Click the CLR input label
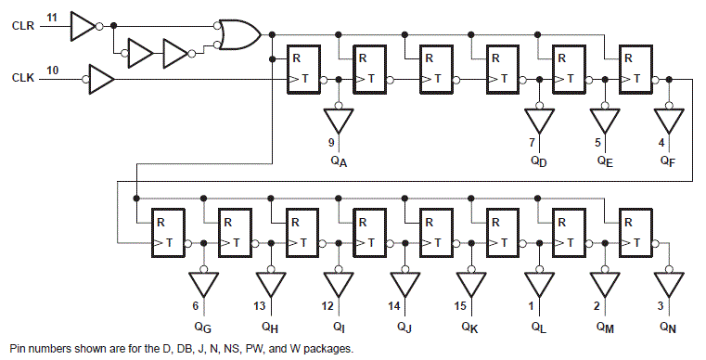(22, 27)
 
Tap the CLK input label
(22, 79)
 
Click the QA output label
(340, 161)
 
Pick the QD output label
(538, 161)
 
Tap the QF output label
(668, 161)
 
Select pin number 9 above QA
(331, 142)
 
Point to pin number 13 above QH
(259, 307)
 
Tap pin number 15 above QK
(460, 307)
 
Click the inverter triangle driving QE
(604, 121)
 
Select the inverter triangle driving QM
(604, 283)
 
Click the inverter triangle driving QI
(338, 283)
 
